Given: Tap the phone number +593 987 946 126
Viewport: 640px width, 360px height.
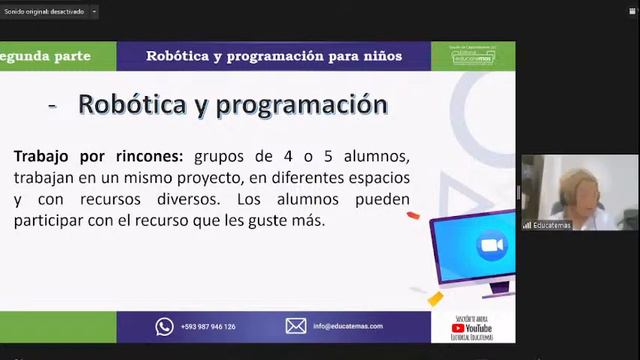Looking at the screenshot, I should tap(208, 327).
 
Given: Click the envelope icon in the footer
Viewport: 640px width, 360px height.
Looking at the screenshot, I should tap(296, 326).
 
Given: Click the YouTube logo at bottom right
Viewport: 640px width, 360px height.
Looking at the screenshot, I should tap(473, 328).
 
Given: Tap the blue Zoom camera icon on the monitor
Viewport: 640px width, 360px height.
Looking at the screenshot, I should tap(490, 246).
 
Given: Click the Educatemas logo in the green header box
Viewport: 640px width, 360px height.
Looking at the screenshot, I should tap(473, 57).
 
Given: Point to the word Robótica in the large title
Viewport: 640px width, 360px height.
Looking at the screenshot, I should tap(139, 104).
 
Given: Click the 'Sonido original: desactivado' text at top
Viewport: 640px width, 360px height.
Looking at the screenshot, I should tap(44, 12).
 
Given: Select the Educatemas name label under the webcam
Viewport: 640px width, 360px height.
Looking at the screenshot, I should tap(553, 225).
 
